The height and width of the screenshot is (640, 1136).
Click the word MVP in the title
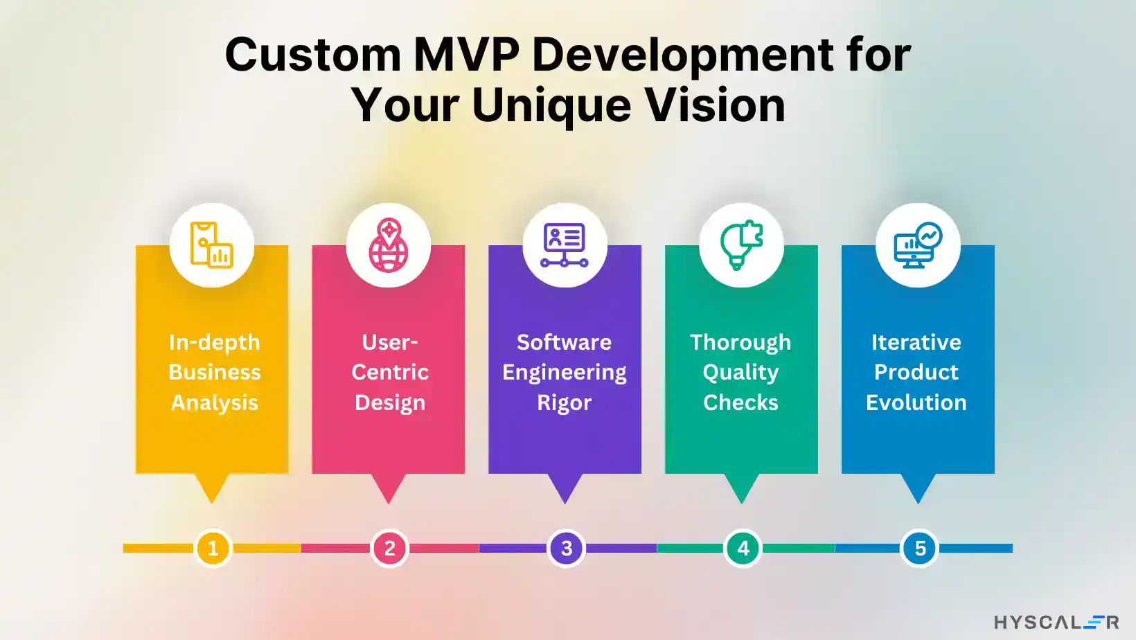coord(466,55)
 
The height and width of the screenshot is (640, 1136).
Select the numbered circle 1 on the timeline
coord(213,549)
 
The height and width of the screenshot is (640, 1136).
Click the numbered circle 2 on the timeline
coord(389,549)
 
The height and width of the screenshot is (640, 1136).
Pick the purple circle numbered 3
coord(566,549)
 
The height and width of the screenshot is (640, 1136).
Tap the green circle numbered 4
coord(743,549)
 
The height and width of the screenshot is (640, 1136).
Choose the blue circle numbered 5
coord(919,549)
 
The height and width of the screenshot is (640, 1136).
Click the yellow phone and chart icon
coord(211,245)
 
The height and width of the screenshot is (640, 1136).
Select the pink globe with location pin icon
coord(389,245)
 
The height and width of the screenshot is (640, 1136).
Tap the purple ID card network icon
coord(565,245)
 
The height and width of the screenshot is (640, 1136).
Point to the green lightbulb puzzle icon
coord(741,245)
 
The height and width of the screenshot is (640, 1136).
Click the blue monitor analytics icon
coord(918,245)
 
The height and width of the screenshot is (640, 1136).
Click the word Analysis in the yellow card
coord(215,402)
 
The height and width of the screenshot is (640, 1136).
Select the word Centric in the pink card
coord(390,372)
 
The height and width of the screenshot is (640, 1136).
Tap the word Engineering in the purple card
coord(565,373)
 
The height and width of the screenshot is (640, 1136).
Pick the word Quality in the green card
coord(740,373)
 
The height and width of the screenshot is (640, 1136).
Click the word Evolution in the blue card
coord(916,402)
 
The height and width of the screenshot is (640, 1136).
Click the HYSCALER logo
coord(1056,622)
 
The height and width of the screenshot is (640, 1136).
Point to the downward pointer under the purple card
coord(565,488)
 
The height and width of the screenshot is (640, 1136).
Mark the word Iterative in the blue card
coord(916,342)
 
